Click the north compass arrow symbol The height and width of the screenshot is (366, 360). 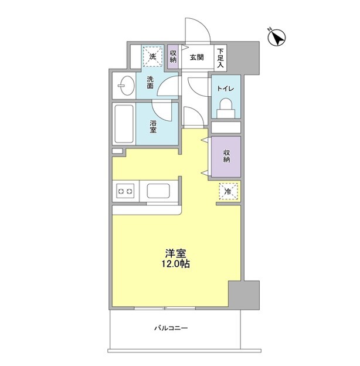[277, 38]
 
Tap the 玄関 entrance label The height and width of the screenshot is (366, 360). [196, 57]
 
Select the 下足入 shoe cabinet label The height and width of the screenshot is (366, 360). [220, 58]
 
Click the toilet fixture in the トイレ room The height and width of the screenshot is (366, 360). [226, 108]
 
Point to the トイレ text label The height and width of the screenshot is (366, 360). [225, 89]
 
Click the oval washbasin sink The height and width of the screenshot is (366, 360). [126, 86]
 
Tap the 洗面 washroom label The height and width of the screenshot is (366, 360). [150, 82]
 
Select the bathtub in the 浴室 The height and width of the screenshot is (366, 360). [124, 124]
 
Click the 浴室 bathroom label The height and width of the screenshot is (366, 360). [153, 126]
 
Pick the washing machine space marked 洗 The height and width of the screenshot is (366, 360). [152, 56]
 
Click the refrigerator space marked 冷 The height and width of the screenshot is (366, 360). [228, 191]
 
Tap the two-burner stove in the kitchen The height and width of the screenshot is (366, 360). [125, 191]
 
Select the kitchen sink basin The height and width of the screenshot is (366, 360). [158, 191]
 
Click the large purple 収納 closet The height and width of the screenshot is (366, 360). [226, 157]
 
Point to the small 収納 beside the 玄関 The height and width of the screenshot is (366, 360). [173, 56]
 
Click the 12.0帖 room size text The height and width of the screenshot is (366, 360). [176, 264]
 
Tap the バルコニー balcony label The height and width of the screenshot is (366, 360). [171, 328]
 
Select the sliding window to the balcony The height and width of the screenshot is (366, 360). [165, 309]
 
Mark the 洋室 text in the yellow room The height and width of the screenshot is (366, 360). [175, 253]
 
